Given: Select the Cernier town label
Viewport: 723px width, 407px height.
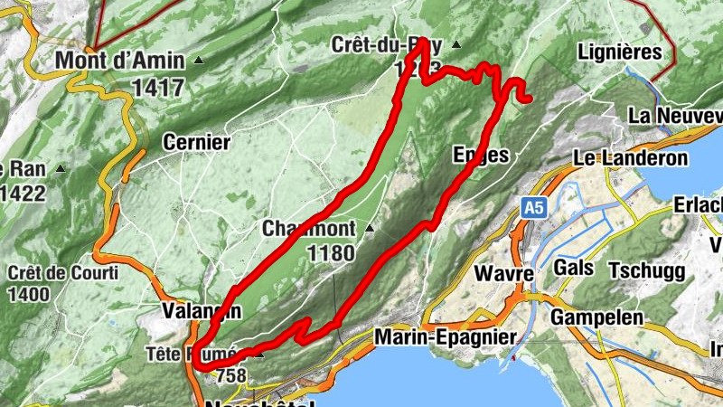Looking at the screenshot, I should click(x=196, y=142).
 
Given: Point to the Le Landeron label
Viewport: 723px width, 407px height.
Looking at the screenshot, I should click(x=631, y=158).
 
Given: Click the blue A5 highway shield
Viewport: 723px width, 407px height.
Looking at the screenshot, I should click(x=534, y=208).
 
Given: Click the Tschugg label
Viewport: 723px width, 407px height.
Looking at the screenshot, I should click(x=645, y=270).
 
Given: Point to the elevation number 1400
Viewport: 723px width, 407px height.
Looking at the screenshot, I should click(x=30, y=294).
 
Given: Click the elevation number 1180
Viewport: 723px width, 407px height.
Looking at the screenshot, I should click(x=331, y=253).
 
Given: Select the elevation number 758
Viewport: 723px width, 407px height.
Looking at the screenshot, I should click(x=231, y=374).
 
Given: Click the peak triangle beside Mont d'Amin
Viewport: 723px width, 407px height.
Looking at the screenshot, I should click(x=199, y=61).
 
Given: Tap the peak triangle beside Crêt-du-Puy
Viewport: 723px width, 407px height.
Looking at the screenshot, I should click(x=456, y=43).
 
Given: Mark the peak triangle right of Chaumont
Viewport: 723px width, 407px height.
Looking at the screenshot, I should click(x=369, y=229).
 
